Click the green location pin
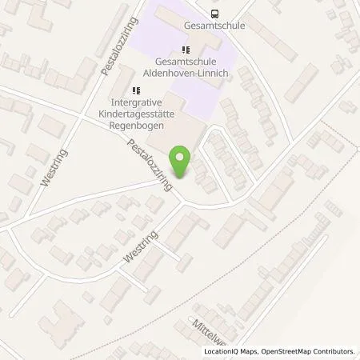(182, 161)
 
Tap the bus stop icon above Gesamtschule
(214, 13)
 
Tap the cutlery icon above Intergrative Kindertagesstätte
(135, 90)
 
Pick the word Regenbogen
(135, 126)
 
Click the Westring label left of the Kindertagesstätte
(50, 169)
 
